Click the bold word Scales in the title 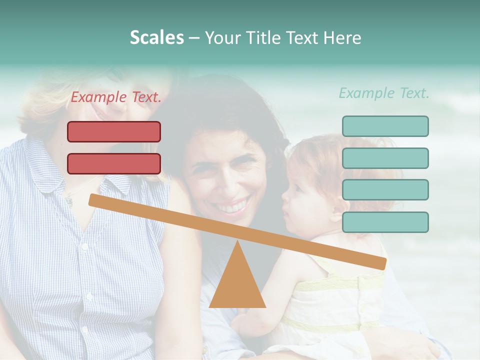pyautogui.click(x=156, y=37)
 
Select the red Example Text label pyautogui.click(x=116, y=97)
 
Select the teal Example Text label pyautogui.click(x=384, y=93)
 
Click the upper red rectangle pyautogui.click(x=114, y=131)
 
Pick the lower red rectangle pyautogui.click(x=114, y=163)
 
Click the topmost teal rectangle pyautogui.click(x=385, y=126)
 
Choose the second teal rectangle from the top pyautogui.click(x=385, y=158)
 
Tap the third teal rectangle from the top pyautogui.click(x=385, y=190)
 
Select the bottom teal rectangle pyautogui.click(x=385, y=222)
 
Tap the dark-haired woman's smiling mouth pyautogui.click(x=233, y=205)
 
